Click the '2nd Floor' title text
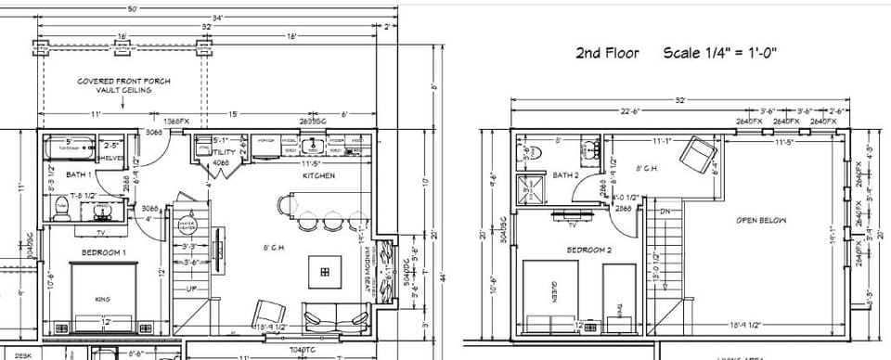click(608, 53)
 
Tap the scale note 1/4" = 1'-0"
click(719, 53)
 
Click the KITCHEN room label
click(317, 175)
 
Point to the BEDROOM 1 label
click(105, 251)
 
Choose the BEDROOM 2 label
click(589, 250)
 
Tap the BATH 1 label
click(80, 174)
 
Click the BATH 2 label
click(566, 174)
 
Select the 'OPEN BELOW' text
click(761, 220)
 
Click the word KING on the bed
click(102, 299)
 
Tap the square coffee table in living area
click(325, 271)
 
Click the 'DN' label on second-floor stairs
click(664, 212)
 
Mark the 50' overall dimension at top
click(133, 8)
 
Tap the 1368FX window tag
click(176, 122)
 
